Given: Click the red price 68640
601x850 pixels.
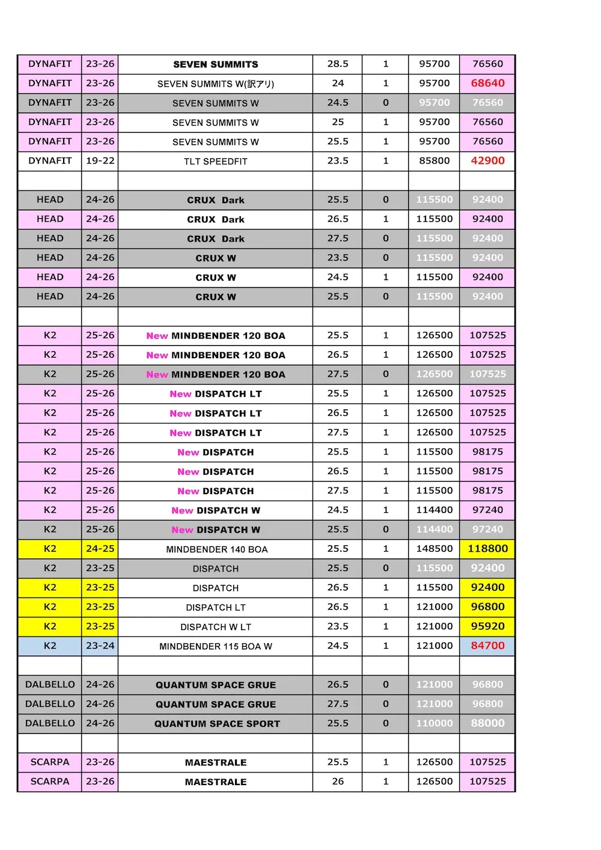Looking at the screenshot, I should click(487, 83).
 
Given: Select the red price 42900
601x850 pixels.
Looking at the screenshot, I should click(487, 161).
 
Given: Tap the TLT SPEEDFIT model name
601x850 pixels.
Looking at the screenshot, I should click(215, 161).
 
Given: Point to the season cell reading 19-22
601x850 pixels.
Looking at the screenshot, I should click(100, 161).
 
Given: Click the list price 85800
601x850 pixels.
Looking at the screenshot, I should click(434, 161).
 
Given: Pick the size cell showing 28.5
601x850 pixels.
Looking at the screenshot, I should click(338, 64).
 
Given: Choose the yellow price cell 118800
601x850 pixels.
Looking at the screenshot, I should click(487, 548).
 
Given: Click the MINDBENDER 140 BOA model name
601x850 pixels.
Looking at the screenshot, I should click(216, 549).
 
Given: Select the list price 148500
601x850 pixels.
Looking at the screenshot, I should click(434, 548).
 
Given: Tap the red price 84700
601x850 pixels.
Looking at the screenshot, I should click(487, 646).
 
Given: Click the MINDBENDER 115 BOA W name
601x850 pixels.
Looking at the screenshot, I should click(215, 646).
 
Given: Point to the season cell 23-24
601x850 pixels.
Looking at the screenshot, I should click(100, 646).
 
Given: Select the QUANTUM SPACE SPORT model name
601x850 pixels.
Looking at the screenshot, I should click(217, 724).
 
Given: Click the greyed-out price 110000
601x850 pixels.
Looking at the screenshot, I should click(434, 723).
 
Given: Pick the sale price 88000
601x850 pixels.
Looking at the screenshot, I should click(487, 723).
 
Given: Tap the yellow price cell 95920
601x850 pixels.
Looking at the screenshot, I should click(487, 626).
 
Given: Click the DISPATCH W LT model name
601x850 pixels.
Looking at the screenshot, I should click(215, 627).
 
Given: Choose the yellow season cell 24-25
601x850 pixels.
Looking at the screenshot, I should click(100, 548).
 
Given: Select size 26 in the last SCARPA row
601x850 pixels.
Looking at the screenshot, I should click(338, 781).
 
